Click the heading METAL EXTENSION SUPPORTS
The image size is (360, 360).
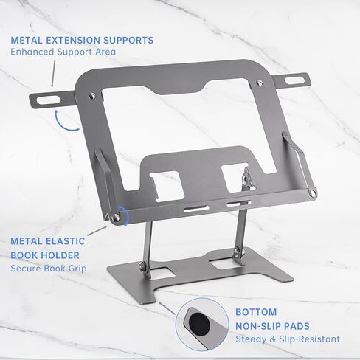pos(82,40)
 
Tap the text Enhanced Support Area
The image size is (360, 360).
pos(63,52)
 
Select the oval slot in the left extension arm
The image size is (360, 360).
pos(49,100)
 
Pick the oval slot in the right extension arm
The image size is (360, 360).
pos(294,80)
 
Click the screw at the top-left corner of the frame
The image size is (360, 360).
pos(92,96)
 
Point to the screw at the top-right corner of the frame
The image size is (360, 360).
pos(258,83)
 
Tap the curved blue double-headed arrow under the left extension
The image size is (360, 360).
pos(66,122)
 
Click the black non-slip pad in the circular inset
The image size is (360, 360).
pos(200,325)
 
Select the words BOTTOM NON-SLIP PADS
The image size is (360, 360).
pos(272,319)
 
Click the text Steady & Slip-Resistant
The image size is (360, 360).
pos(288,339)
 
